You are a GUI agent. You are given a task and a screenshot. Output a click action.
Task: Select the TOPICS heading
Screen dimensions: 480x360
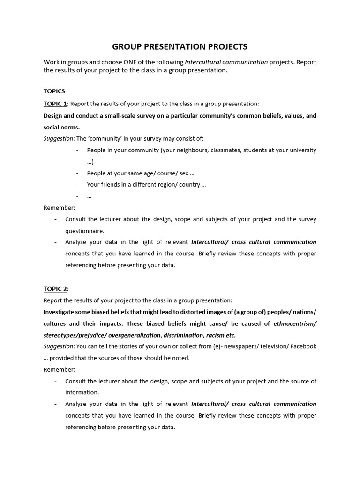(x=54, y=91)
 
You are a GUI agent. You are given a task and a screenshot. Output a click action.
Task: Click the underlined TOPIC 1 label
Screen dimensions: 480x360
(x=55, y=103)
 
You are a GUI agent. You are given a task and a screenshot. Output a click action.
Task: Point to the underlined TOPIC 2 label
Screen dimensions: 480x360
(x=55, y=288)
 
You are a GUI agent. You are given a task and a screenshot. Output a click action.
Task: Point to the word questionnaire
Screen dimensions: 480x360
(x=84, y=231)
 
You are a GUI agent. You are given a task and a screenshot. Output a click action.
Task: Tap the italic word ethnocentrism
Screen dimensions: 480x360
(x=294, y=323)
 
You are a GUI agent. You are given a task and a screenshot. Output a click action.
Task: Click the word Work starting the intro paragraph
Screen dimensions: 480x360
(x=52, y=62)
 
